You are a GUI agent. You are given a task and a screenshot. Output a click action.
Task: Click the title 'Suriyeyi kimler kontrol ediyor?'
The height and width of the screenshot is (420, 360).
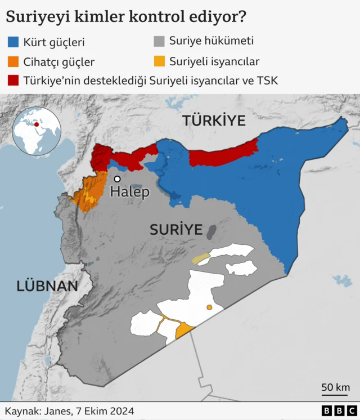pos(125,17)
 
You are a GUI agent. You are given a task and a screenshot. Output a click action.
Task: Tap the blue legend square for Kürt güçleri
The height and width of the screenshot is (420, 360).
pos(13,42)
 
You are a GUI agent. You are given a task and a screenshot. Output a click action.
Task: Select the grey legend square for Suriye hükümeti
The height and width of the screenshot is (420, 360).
pos(159,41)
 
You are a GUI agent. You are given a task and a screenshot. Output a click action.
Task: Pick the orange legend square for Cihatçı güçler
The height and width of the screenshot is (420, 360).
pos(13,61)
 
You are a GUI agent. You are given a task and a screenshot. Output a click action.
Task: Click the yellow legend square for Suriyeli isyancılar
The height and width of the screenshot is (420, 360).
pos(159,61)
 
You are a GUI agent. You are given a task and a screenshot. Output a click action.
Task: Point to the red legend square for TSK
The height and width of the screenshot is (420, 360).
pos(13,80)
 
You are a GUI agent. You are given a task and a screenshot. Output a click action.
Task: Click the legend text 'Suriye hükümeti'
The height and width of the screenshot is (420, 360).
pos(211,41)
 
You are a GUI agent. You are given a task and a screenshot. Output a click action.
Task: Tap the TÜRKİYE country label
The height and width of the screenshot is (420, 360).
pos(214,121)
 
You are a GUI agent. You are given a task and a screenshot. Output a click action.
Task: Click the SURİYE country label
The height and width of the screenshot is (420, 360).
pos(175,229)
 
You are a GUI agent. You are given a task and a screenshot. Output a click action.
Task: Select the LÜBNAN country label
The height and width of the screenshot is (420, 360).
pos(47,285)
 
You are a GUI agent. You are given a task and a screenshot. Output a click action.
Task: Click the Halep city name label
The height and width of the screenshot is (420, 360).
pos(130,192)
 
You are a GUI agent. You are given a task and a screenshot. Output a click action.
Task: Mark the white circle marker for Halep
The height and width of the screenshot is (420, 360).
pos(117,179)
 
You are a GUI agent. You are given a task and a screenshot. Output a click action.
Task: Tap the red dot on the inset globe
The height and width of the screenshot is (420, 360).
pos(37,124)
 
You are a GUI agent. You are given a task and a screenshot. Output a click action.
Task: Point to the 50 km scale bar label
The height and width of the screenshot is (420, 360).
pos(335,387)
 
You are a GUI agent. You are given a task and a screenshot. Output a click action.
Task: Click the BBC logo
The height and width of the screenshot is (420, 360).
pos(339,411)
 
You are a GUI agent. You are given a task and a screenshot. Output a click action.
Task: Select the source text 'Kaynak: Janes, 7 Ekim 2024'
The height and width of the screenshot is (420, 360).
pos(70,411)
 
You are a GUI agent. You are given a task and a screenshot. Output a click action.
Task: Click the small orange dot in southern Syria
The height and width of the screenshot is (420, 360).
pos(209,307)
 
